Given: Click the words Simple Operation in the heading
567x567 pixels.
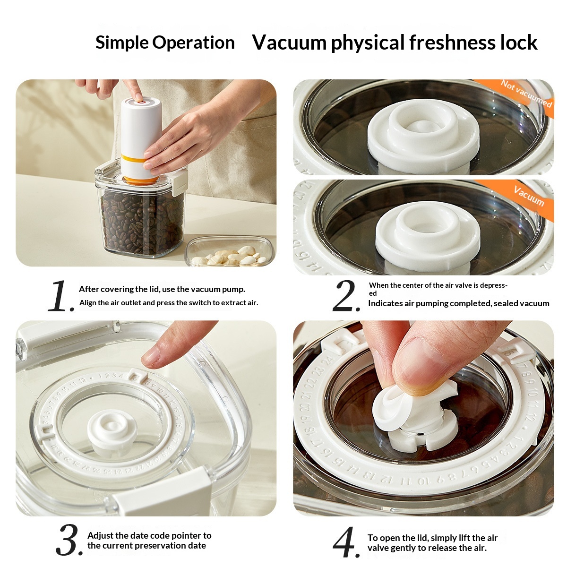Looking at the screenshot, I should [165, 43].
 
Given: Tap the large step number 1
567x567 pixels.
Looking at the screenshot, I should [60, 296].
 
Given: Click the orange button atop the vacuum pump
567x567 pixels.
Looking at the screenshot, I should [139, 101].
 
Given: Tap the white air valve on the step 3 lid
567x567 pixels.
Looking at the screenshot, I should [112, 428].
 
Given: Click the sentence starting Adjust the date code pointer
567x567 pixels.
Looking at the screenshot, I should [149, 541].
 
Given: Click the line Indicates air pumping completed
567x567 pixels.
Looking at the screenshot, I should [458, 303].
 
